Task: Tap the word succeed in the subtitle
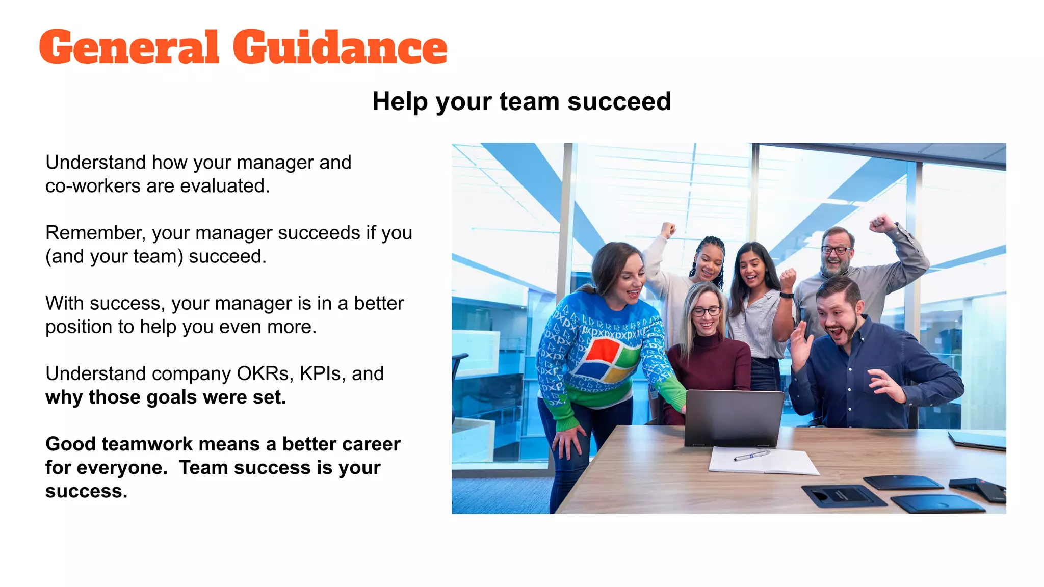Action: (619, 101)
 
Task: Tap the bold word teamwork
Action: (147, 444)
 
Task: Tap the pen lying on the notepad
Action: (751, 455)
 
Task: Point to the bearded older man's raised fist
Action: (881, 223)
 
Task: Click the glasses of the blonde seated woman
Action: (707, 311)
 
